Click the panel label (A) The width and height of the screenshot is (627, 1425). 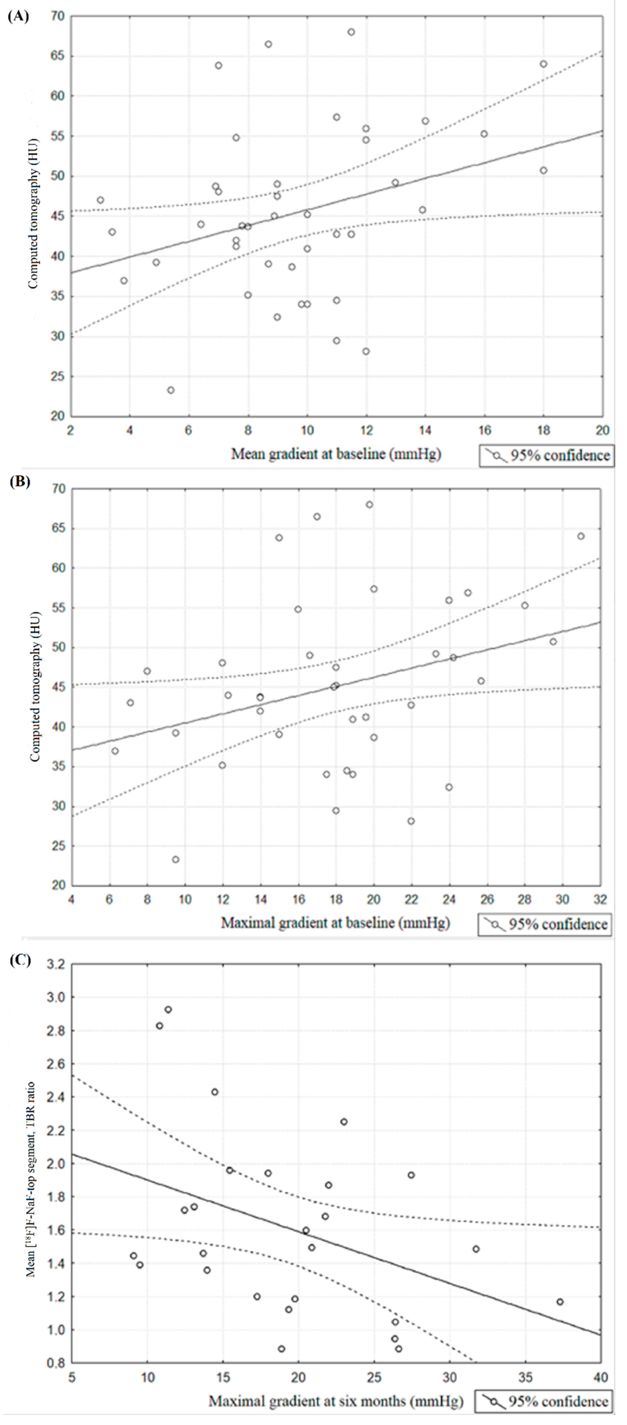18,17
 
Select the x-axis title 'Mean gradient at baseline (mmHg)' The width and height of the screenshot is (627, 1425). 336,454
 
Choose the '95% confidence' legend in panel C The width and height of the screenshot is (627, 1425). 544,1401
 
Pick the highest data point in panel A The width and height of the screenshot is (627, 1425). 351,32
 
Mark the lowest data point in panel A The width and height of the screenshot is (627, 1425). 171,390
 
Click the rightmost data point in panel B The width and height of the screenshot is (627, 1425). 581,536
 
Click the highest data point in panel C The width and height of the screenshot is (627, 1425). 168,1010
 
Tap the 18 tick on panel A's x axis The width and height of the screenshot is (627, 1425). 544,430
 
